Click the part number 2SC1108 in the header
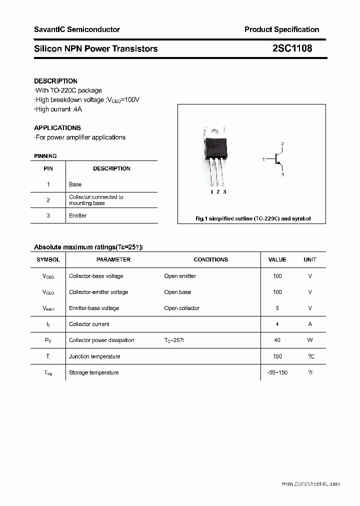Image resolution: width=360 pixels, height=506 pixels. pos(292,48)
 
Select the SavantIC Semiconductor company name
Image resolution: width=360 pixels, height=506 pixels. pos(77,29)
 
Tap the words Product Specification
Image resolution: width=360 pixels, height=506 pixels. pos(281,29)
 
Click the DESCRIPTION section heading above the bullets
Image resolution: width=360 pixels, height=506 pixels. pos(55,81)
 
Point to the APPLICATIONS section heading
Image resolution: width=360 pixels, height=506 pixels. pos(57,128)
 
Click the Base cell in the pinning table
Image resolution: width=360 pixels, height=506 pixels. pos(75,184)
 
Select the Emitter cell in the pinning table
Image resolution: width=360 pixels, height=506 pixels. pos(78,215)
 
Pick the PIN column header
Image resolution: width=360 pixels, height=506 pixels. pos(48,168)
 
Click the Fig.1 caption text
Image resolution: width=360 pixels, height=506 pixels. pos(252,218)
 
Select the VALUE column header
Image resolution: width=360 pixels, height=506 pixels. pos(277,259)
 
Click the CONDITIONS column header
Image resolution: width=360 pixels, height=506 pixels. pos(210,259)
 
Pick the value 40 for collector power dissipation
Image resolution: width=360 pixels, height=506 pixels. pos(277,340)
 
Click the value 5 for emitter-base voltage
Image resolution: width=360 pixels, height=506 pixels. pos(277,308)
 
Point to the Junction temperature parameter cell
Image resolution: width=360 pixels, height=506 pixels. pos(94,356)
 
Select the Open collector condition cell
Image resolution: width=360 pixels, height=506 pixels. pos(181,308)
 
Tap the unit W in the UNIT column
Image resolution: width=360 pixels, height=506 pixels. pos(310,340)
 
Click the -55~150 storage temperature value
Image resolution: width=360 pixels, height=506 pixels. pos(277,372)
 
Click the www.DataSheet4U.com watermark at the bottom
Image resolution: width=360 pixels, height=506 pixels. pos(310,484)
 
